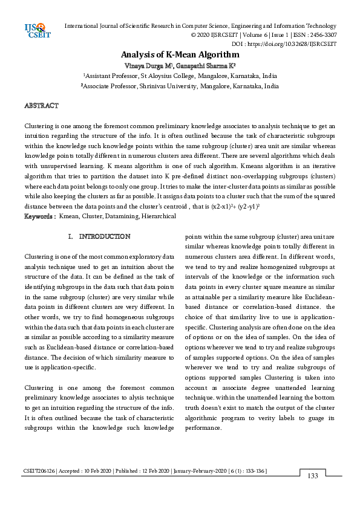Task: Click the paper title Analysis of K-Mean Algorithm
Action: coord(180,54)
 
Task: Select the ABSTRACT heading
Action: coord(41,106)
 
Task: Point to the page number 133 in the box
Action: coord(312,476)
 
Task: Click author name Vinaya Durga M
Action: coord(149,65)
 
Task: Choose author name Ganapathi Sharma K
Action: coord(206,65)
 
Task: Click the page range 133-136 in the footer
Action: coord(254,470)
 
